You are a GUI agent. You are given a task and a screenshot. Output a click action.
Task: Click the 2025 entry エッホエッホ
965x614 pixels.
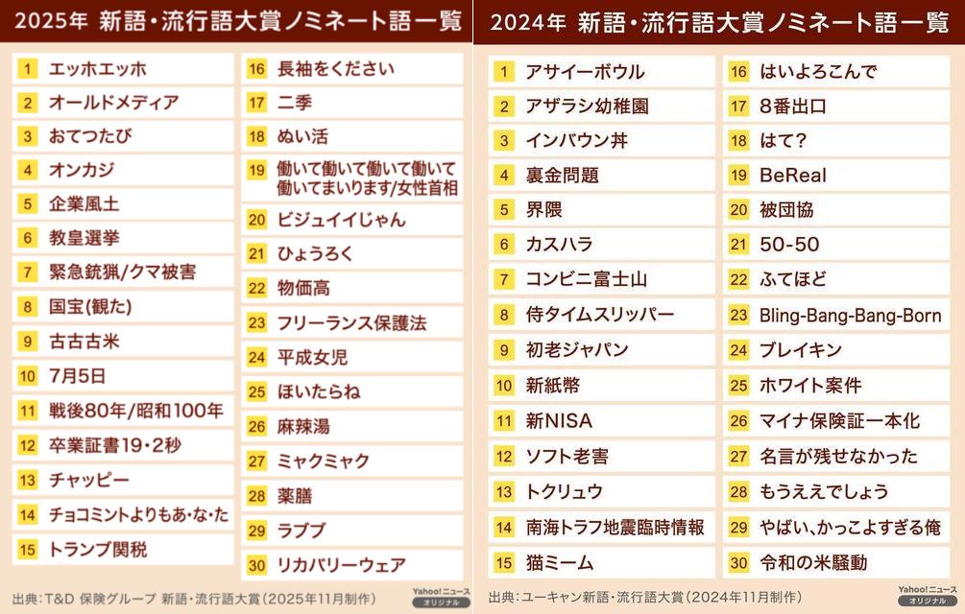(x=98, y=69)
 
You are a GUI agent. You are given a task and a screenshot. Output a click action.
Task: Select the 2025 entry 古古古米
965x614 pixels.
(x=84, y=341)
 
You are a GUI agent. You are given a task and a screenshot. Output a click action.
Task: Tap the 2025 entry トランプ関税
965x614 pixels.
(x=97, y=549)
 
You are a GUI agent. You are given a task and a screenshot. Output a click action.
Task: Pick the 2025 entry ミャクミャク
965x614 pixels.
(x=324, y=460)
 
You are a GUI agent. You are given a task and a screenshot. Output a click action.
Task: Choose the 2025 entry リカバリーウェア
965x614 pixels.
(x=341, y=565)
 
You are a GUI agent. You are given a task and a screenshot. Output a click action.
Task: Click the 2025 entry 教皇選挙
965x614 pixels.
(x=84, y=237)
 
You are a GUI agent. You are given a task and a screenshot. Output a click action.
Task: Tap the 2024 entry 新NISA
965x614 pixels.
(x=559, y=420)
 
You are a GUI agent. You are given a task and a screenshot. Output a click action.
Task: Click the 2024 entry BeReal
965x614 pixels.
(x=792, y=175)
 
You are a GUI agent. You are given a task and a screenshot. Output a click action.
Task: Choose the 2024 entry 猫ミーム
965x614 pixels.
(x=559, y=562)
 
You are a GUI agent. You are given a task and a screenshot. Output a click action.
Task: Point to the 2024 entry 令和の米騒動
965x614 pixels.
(x=812, y=562)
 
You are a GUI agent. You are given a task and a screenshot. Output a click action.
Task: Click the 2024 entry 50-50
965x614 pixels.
(x=788, y=245)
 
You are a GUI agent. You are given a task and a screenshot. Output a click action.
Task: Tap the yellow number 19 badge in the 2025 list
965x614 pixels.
(x=256, y=170)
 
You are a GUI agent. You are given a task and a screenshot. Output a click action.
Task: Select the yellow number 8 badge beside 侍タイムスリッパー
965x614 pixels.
(x=504, y=315)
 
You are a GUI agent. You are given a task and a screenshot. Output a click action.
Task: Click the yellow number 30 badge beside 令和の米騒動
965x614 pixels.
(x=737, y=562)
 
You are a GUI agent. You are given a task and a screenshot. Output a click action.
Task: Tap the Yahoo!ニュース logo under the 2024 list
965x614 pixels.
(x=927, y=595)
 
